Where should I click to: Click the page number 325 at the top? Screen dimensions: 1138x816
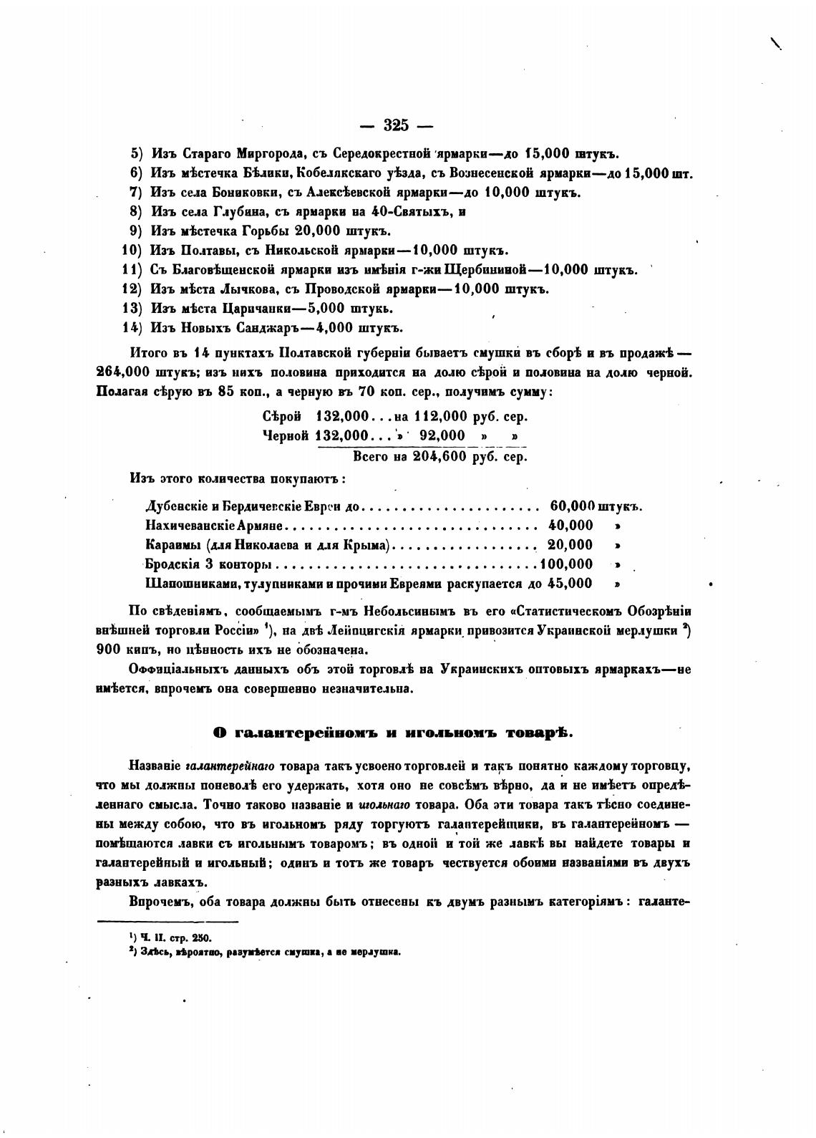(x=395, y=125)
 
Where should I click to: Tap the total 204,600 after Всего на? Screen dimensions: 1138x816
(x=441, y=457)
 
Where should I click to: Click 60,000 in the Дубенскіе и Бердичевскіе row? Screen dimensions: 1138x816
(x=573, y=506)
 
